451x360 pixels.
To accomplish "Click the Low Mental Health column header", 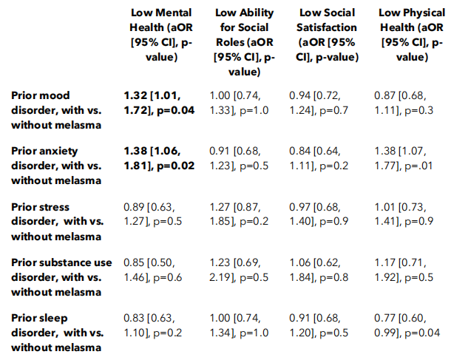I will click(x=161, y=35).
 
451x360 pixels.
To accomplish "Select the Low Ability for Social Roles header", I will click(x=245, y=42).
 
